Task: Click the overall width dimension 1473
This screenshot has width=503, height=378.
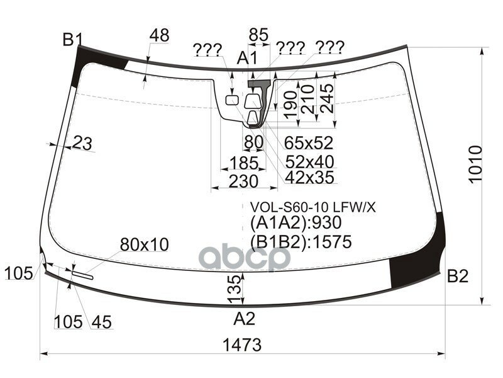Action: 241,345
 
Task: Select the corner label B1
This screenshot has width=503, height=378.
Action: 72,40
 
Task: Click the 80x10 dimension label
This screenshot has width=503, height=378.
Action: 145,244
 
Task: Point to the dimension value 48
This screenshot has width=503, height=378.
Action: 159,36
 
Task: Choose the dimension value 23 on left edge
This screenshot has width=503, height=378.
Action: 82,144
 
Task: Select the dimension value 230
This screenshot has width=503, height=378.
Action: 243,181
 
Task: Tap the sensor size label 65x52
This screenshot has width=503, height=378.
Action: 309,142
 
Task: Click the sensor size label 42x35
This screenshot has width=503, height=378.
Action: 309,178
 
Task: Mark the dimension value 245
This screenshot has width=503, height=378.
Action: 328,99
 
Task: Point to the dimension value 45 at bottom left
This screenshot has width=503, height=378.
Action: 101,322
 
